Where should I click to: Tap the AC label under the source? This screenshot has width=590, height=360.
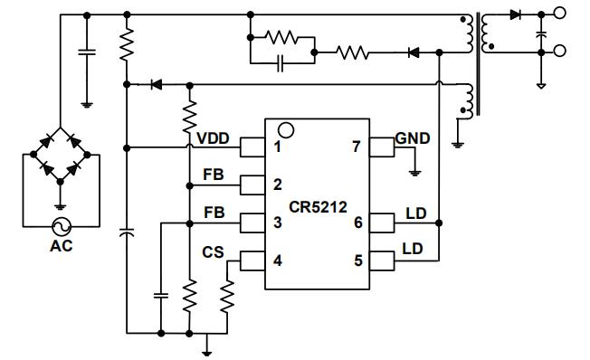[61, 243]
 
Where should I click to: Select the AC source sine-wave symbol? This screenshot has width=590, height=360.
[61, 226]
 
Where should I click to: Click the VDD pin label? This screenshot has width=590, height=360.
[214, 138]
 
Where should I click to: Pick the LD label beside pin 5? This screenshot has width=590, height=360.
[412, 248]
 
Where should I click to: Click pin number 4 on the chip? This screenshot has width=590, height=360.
[277, 261]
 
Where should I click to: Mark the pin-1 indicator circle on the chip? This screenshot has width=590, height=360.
[286, 128]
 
